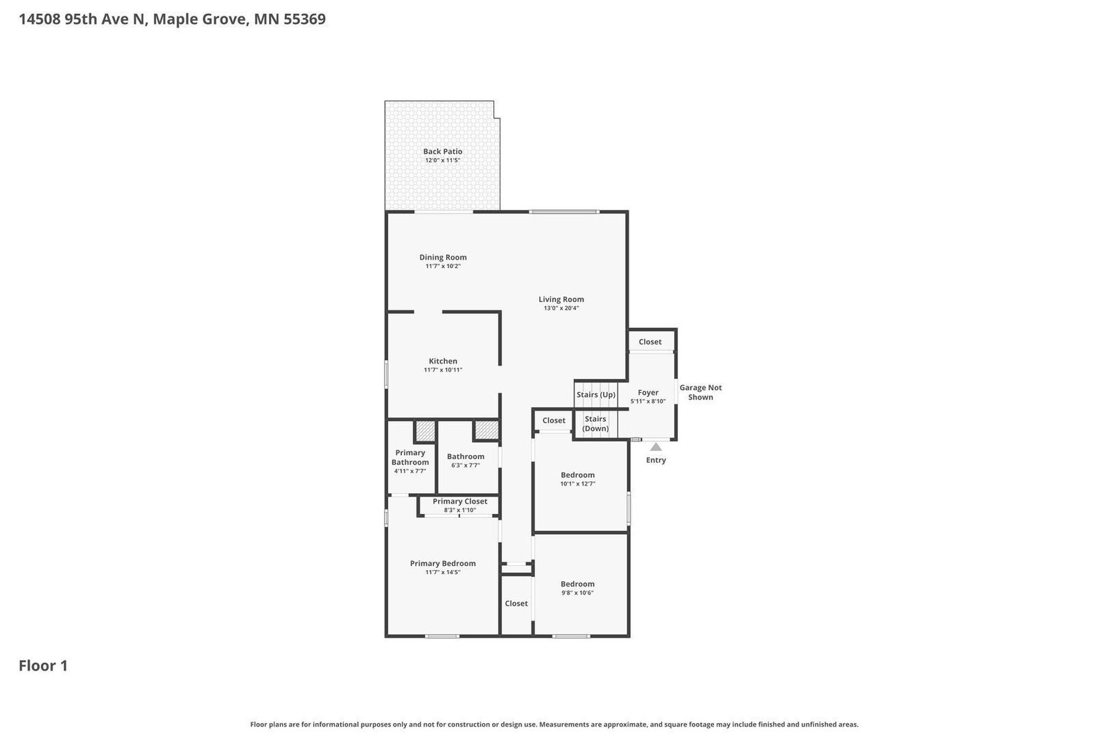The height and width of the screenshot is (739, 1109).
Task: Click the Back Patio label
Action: point(442,152)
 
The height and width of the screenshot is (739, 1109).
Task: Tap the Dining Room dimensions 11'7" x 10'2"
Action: point(443,267)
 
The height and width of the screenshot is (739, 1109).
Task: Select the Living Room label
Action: point(561,299)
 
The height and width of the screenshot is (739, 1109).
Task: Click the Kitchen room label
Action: point(443,361)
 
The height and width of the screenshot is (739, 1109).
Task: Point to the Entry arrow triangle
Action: point(656,447)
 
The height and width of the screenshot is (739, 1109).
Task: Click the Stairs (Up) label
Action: point(595,395)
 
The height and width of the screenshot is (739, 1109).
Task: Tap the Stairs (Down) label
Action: point(595,423)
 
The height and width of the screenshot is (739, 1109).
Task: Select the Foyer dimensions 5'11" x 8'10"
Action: point(648,402)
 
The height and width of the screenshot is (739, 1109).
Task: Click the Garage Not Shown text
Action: point(700,392)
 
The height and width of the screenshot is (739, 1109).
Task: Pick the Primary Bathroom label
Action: point(410,457)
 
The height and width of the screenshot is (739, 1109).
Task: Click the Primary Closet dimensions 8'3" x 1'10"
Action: point(460,510)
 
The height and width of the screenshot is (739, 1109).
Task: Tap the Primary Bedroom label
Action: point(442,563)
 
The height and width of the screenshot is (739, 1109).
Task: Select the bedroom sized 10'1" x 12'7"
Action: point(577,479)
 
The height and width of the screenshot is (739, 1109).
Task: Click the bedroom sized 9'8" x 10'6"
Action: point(577,588)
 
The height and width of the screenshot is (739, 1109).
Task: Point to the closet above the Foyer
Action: point(650,341)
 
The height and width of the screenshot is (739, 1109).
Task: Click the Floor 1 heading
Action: point(43,666)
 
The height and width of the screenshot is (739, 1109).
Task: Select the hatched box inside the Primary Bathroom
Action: point(425,431)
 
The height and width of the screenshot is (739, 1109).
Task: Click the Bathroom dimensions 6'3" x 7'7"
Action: point(465,465)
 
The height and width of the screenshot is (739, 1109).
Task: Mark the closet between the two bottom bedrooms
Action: point(516,603)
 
